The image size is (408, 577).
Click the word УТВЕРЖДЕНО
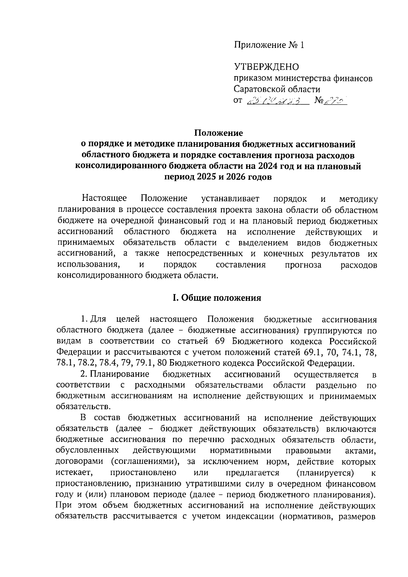pyautogui.click(x=266, y=67)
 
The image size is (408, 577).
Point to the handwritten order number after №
pyautogui.click(x=337, y=101)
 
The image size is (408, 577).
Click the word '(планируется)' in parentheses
pyautogui.click(x=325, y=473)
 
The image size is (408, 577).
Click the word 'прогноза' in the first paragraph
pyautogui.click(x=303, y=265)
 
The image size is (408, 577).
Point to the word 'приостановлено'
pyautogui.click(x=143, y=473)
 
